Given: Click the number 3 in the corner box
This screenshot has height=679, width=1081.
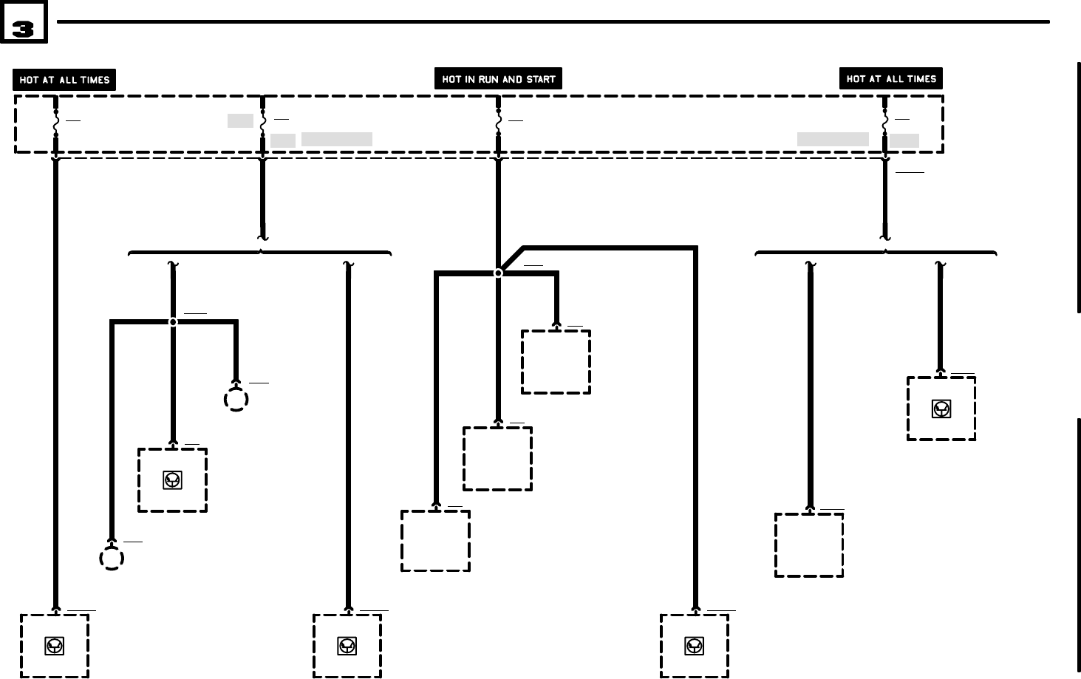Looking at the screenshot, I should coord(23,29).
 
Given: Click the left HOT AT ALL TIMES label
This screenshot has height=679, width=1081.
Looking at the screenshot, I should coord(64,80).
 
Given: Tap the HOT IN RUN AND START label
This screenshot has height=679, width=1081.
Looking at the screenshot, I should coord(498,79).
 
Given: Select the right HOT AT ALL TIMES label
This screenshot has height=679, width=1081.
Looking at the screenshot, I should coord(890,78).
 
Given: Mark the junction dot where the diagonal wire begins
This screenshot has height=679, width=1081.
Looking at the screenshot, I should coord(498,273).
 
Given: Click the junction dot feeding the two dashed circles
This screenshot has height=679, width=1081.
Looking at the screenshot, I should coord(173,322).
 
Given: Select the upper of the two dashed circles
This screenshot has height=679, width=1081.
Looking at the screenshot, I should coord(236,400).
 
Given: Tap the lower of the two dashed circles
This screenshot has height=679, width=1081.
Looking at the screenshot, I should coord(112,558).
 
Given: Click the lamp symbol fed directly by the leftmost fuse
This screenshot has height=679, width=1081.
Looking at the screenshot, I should coord(55,646).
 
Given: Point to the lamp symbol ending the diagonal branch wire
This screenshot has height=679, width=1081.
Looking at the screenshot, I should coord(694,646).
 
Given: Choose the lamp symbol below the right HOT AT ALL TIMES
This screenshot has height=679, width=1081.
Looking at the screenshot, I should coord(941,409).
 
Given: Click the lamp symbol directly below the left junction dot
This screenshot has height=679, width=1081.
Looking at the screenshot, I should coord(172,480).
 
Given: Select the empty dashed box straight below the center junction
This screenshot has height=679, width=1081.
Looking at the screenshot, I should coord(497,458).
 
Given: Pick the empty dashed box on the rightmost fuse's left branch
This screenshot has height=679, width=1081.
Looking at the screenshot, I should coord(809,545).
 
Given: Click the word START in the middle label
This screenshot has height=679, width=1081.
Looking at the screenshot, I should coord(540,79).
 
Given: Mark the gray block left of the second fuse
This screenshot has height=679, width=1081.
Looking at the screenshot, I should coord(240,120).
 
